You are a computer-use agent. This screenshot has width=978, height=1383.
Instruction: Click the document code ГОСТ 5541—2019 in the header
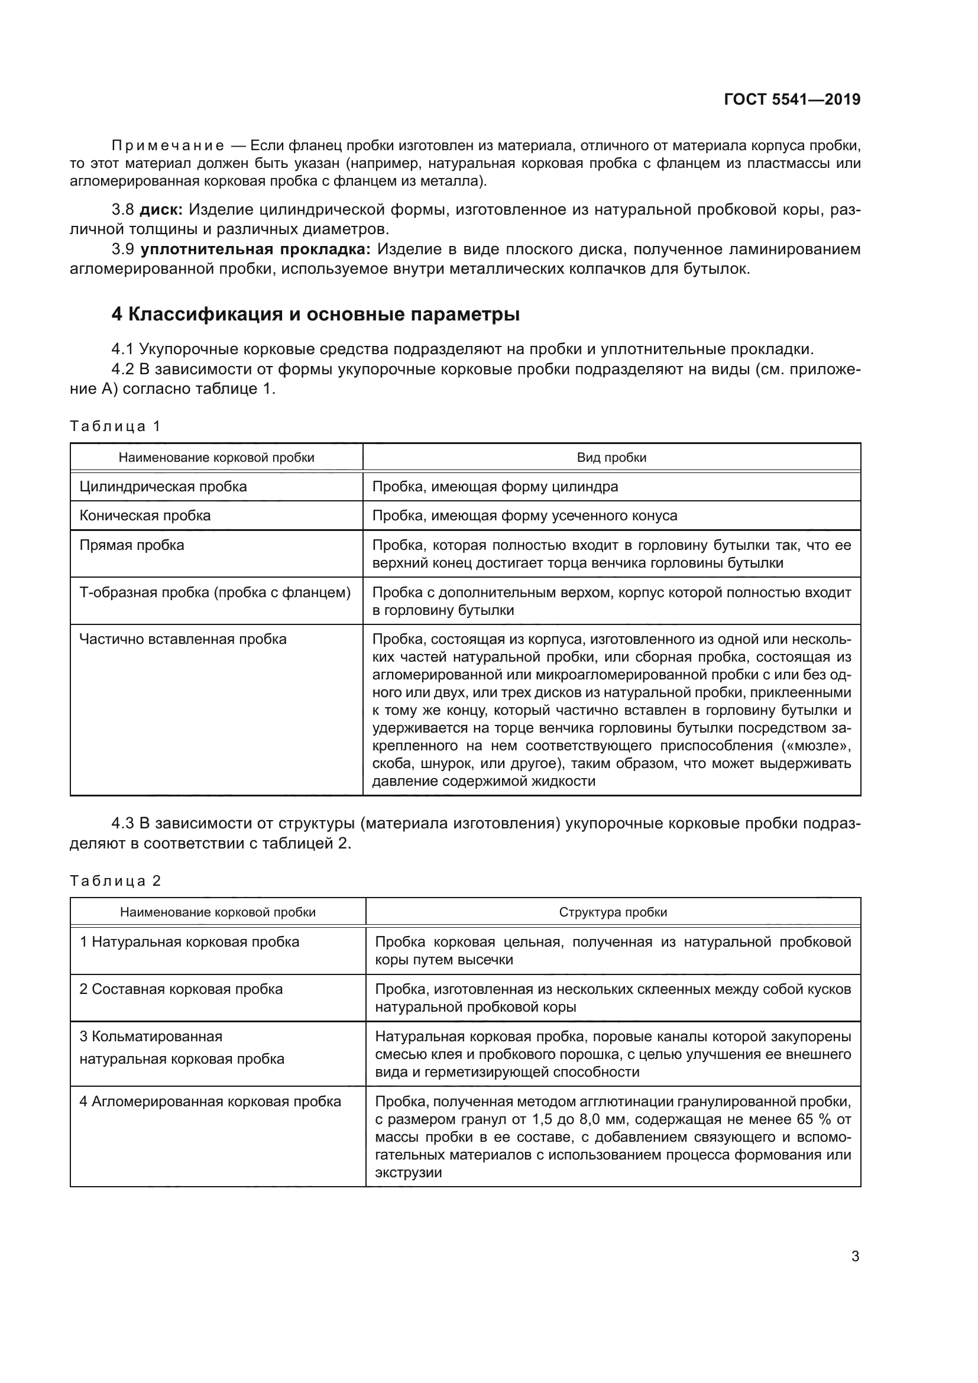pyautogui.click(x=792, y=99)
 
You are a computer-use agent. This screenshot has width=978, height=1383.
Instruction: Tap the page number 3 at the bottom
pyautogui.click(x=855, y=1256)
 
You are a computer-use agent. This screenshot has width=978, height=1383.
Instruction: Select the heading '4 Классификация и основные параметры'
pyautogui.click(x=316, y=315)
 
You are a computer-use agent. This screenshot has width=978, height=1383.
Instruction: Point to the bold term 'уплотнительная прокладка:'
pyautogui.click(x=256, y=250)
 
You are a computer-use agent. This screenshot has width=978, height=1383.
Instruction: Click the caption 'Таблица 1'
pyautogui.click(x=116, y=426)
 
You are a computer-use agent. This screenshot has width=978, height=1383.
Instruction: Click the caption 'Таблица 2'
pyautogui.click(x=116, y=880)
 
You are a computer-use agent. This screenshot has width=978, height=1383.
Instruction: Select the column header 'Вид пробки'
pyautogui.click(x=611, y=458)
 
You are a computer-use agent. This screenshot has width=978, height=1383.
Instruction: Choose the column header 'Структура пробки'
pyautogui.click(x=613, y=912)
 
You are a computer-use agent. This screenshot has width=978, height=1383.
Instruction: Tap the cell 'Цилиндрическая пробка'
pyautogui.click(x=163, y=487)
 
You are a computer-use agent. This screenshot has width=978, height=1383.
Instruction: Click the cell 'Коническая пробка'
pyautogui.click(x=145, y=516)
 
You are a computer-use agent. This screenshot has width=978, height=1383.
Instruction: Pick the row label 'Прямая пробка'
pyautogui.click(x=132, y=545)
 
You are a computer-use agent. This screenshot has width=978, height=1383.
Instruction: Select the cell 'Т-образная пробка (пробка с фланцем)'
pyautogui.click(x=215, y=592)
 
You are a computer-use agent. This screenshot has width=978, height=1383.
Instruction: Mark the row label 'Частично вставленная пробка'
pyautogui.click(x=183, y=639)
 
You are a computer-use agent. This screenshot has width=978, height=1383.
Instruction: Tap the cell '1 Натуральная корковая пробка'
pyautogui.click(x=189, y=942)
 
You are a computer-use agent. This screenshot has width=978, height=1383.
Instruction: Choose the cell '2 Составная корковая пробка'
pyautogui.click(x=182, y=989)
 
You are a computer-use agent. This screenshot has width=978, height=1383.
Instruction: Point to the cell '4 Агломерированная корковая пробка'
pyautogui.click(x=210, y=1102)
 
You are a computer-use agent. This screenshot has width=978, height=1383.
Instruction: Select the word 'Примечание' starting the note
pyautogui.click(x=168, y=146)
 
